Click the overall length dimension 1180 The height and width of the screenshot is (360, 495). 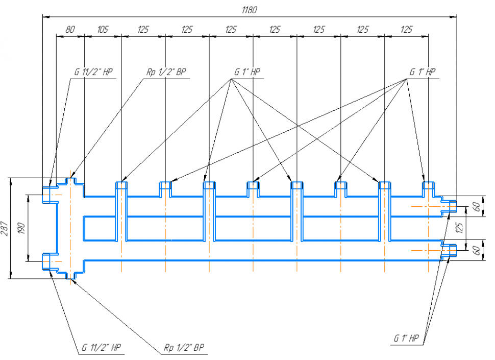(x=250, y=10)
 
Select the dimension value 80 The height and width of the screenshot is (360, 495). (x=70, y=30)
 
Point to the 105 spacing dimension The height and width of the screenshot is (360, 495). (x=103, y=30)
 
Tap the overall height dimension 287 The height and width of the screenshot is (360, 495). (x=5, y=228)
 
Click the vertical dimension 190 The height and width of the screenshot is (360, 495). (x=22, y=228)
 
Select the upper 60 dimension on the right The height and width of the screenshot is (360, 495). (x=476, y=206)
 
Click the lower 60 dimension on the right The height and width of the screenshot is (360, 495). (x=476, y=250)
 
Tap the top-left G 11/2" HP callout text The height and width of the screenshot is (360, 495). (x=93, y=72)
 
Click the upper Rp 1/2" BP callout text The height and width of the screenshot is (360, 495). (x=167, y=72)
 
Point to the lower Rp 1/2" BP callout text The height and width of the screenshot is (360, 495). (x=184, y=348)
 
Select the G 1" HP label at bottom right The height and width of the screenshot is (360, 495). (x=406, y=338)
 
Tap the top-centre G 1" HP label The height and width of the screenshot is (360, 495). (x=247, y=72)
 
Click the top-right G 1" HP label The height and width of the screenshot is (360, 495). (x=423, y=72)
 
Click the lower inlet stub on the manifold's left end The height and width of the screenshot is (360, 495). (x=48, y=261)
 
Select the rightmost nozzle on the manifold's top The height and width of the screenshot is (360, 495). (x=428, y=188)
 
